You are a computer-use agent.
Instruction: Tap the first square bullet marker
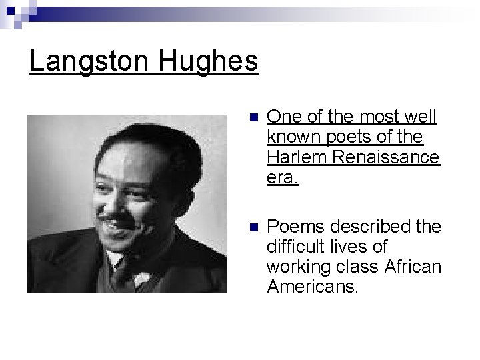251,119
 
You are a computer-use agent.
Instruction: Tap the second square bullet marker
251,227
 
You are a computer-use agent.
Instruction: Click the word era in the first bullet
282,177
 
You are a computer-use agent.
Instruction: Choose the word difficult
295,247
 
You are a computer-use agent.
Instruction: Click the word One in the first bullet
283,117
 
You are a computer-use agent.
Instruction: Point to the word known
289,137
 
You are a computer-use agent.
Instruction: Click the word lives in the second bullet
353,247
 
